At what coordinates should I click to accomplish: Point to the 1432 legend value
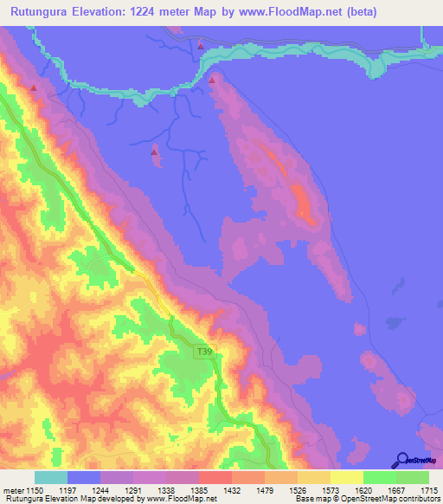point(231,489)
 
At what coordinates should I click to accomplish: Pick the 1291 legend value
point(132,489)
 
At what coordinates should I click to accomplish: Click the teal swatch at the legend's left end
point(51,477)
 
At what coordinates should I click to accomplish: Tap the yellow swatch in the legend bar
point(346,477)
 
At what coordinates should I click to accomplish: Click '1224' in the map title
point(167,12)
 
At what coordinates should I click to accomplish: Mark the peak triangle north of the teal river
point(201,46)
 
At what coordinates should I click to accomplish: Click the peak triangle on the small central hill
point(155,152)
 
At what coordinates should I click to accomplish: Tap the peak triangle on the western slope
point(34,87)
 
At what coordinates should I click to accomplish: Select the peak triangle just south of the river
point(212,81)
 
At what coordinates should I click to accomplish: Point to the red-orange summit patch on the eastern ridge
point(303,201)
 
